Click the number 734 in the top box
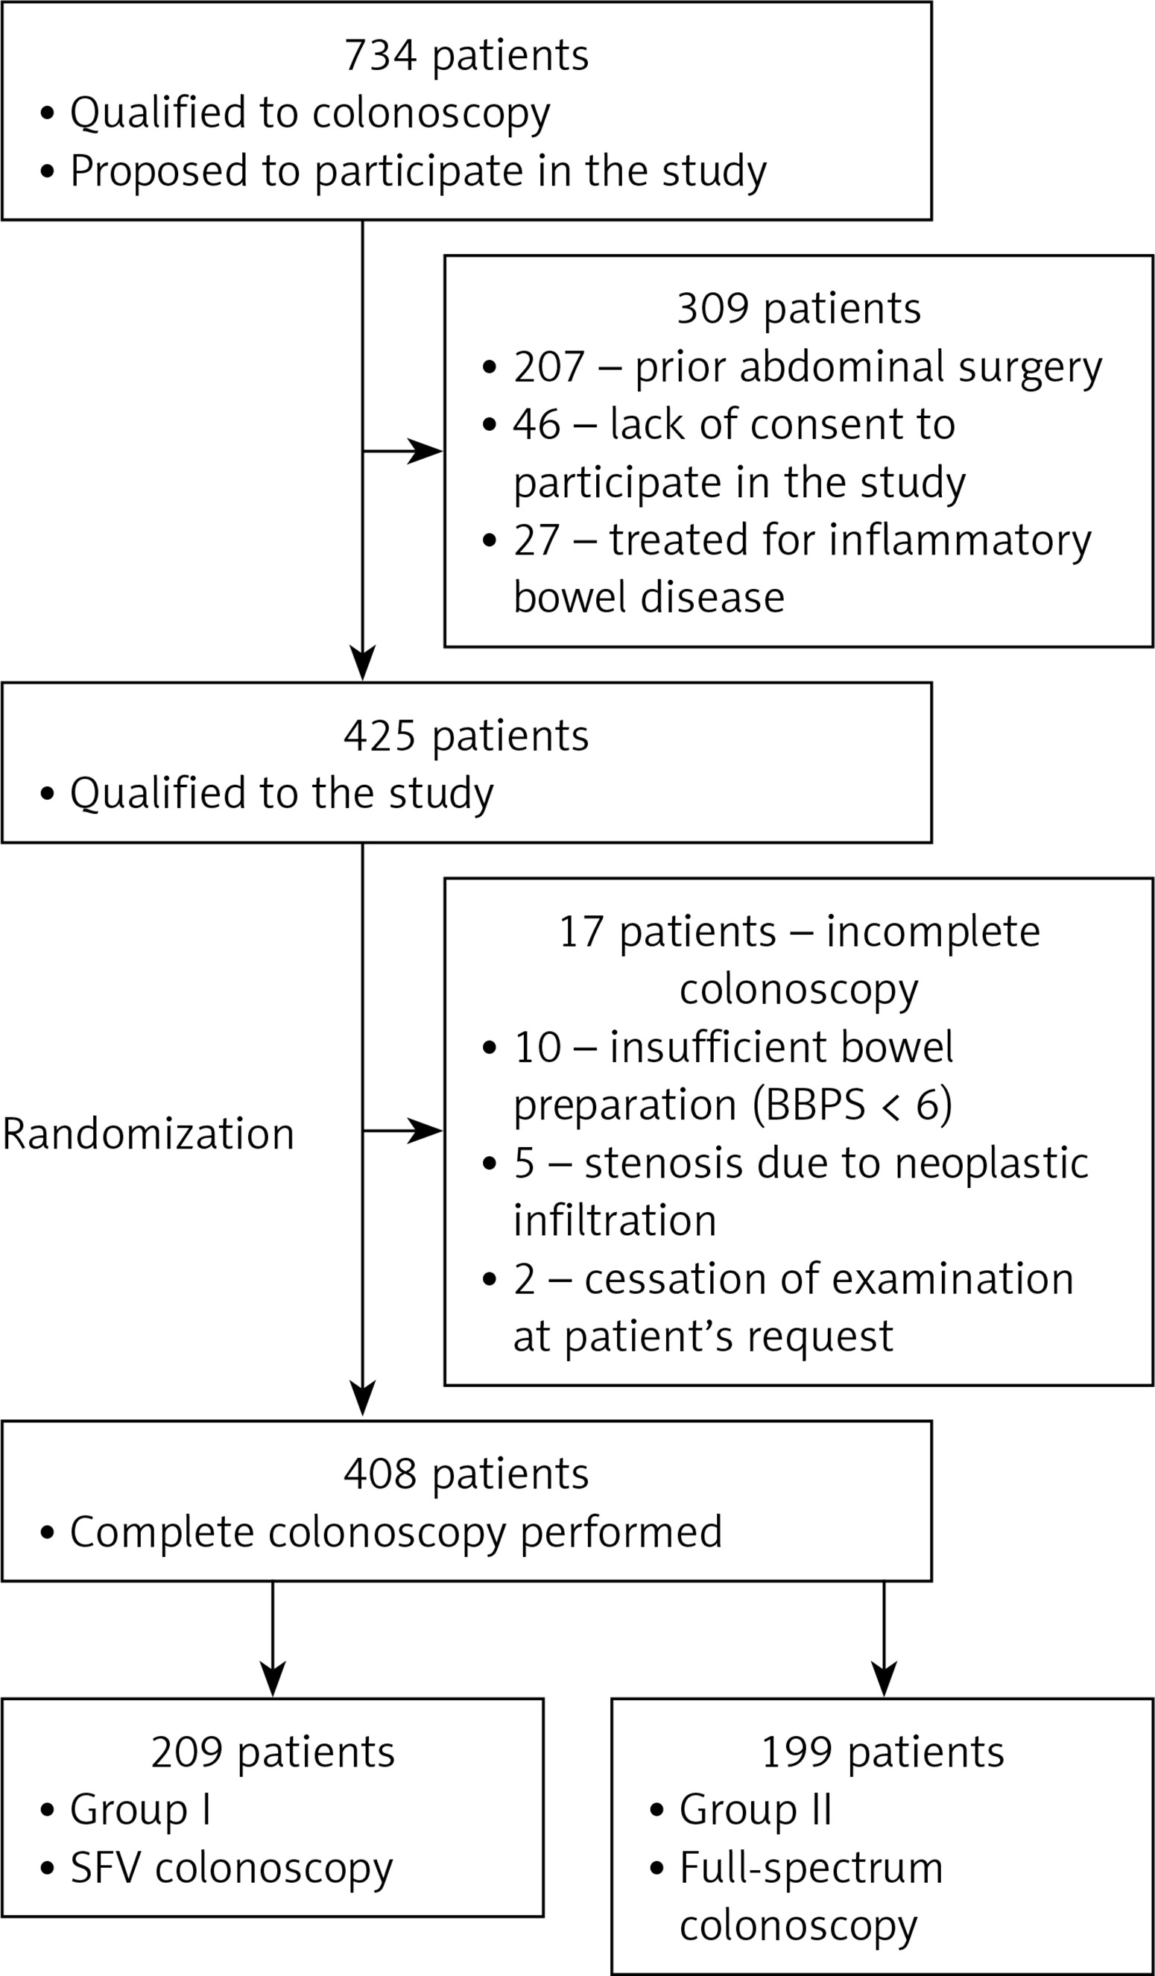[379, 56]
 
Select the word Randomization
[148, 1134]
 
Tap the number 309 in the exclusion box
[714, 308]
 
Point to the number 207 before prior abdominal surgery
[550, 366]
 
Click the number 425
[379, 736]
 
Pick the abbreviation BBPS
[810, 1105]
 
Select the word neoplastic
[992, 1164]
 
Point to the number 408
[379, 1475]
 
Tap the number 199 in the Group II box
[797, 1752]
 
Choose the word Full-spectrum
[811, 1870]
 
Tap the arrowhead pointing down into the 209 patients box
[273, 1679]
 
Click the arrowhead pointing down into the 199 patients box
[884, 1679]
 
